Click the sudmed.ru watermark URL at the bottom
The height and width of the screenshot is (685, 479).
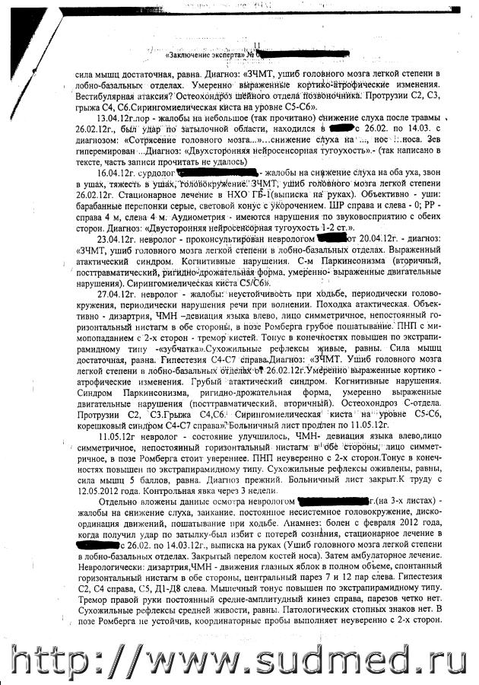point(239,659)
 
